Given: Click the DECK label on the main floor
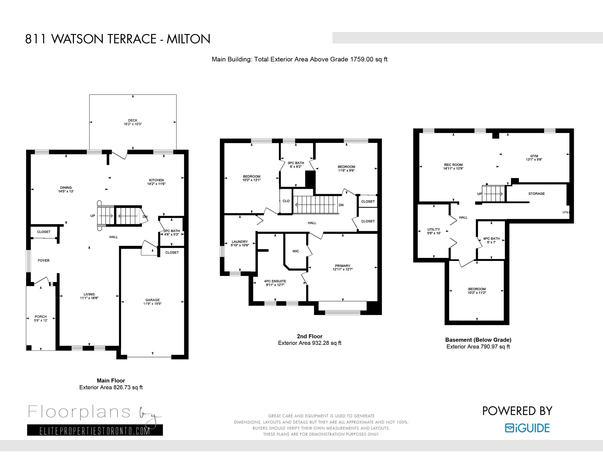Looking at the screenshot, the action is coord(132,120).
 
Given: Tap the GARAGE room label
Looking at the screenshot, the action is coord(152,300).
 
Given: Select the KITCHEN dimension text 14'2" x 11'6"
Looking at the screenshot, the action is coord(156,184).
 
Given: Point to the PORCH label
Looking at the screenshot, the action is coord(41,317).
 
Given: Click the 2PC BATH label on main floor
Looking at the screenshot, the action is coord(171,231).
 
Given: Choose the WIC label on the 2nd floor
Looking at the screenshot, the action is coord(296,251).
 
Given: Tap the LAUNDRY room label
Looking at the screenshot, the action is coord(240,241).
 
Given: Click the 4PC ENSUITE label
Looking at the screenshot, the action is coord(275,281).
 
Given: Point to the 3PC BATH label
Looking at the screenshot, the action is coord(296,163).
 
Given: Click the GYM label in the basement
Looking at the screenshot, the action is coord(534,156).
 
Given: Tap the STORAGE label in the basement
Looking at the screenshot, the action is coord(536,194).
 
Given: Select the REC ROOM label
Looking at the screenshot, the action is coord(453,165).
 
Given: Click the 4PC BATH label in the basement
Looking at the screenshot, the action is coord(492,239).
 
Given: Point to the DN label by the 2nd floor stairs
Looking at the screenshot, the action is coord(341,205).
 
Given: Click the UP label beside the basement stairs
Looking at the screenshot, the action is coord(480,194).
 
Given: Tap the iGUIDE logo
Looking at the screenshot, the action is coord(527,428).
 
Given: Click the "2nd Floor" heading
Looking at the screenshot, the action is coord(309,336).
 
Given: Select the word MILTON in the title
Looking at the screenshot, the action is coord(188,39).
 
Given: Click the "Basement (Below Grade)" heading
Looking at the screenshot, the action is coord(478,340).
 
